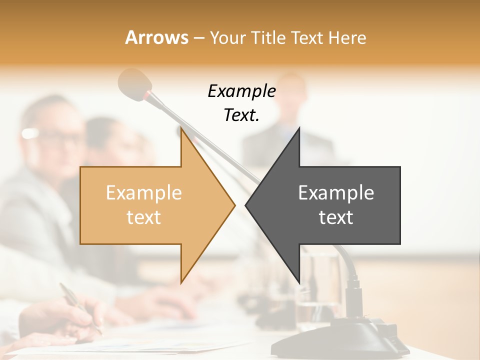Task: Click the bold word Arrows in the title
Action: (156, 37)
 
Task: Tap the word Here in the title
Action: (346, 37)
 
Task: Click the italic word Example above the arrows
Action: (241, 91)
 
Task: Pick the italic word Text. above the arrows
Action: (241, 115)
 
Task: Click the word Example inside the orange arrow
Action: (143, 193)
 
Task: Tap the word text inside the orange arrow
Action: (143, 217)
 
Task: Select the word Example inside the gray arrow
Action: (336, 193)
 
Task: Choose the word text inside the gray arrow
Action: (336, 217)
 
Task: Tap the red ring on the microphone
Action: (148, 94)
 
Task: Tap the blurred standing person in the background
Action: (290, 125)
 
